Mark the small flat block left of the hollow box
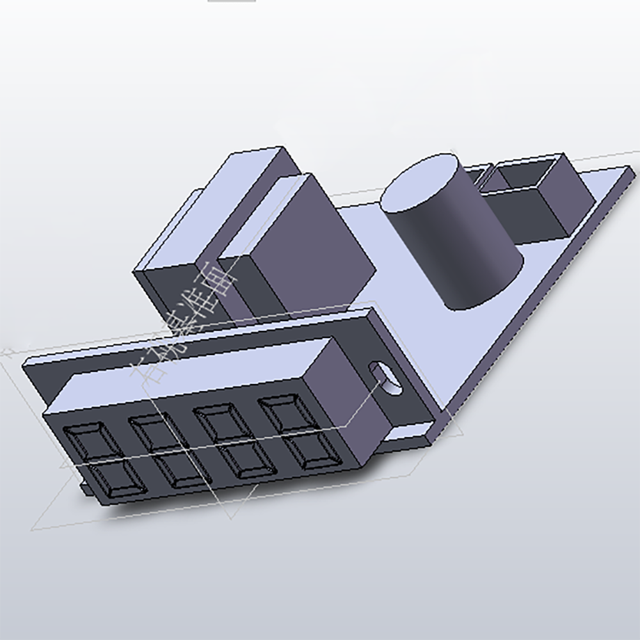[x=477, y=176]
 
